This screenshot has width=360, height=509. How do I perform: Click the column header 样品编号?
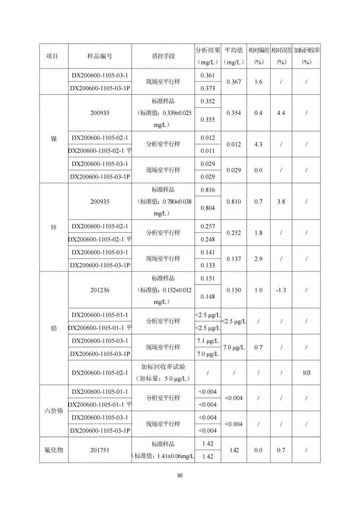(99, 56)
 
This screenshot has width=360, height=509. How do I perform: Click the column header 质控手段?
(163, 56)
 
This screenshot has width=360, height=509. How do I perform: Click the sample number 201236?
(99, 290)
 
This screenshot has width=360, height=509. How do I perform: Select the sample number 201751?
(99, 450)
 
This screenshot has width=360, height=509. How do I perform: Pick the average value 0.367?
(234, 81)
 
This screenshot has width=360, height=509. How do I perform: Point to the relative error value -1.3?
(281, 290)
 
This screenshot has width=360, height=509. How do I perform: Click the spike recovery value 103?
(306, 373)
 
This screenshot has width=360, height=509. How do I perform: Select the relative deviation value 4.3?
(258, 144)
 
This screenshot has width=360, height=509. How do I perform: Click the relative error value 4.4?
(281, 113)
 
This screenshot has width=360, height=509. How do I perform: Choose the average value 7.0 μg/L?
(234, 347)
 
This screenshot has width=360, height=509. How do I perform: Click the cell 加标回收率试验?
(163, 367)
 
